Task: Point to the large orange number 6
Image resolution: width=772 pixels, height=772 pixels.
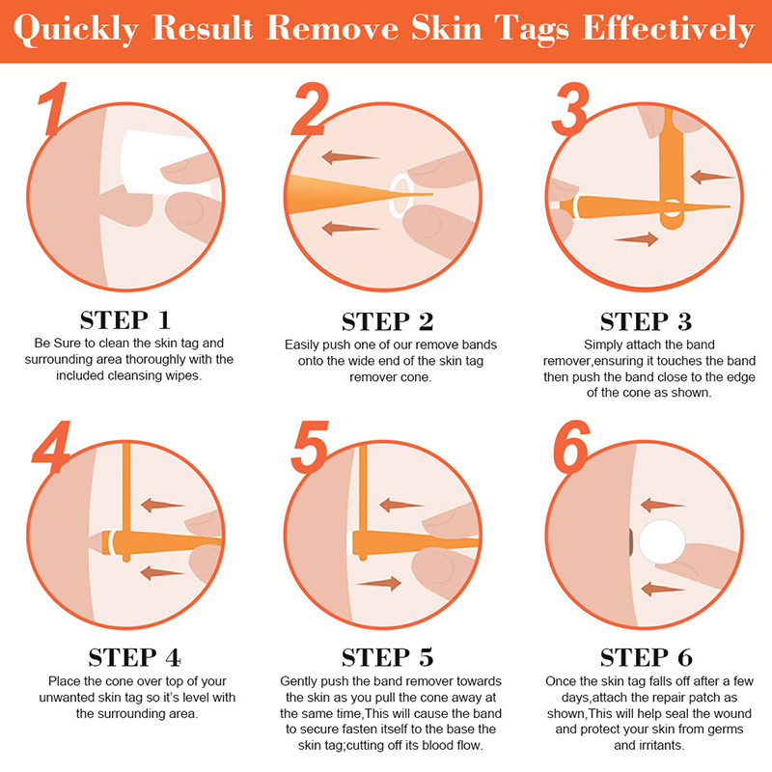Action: (571, 447)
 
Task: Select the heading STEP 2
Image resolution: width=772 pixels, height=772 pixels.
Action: (388, 322)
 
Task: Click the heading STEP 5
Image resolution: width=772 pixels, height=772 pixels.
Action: (388, 658)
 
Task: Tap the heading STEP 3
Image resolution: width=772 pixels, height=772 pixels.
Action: (646, 322)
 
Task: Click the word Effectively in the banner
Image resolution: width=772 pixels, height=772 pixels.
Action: (668, 29)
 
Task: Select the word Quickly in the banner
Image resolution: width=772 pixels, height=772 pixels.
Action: (76, 30)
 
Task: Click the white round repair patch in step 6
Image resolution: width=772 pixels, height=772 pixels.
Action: (662, 541)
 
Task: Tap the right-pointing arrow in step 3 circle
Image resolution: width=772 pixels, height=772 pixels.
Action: (636, 239)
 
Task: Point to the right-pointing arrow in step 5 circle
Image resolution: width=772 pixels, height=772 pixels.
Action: (378, 584)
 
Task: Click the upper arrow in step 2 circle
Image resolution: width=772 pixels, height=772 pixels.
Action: (349, 157)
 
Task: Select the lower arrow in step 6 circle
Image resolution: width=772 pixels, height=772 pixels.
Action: (662, 589)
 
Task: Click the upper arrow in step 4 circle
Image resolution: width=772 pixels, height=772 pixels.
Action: (162, 505)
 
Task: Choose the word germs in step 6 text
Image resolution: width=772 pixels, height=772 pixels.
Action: (725, 730)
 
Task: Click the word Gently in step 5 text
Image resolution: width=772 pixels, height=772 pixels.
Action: (299, 682)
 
